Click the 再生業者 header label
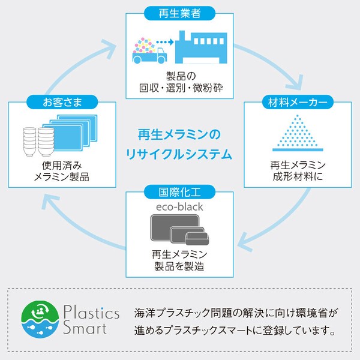point(179,13)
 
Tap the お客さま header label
point(62,102)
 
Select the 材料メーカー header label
point(298,102)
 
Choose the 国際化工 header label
point(179,192)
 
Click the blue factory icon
point(201,47)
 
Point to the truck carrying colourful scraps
point(149,50)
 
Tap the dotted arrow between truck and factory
point(165,42)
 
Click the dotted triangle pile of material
point(298,133)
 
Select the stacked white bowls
point(38,142)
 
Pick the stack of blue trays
point(70,132)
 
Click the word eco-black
point(179,207)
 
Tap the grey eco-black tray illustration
point(179,230)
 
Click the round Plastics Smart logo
point(40,319)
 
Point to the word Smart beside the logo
point(85,328)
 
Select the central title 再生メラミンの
point(179,134)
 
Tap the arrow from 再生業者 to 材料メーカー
point(271,62)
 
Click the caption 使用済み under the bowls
point(62,166)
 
